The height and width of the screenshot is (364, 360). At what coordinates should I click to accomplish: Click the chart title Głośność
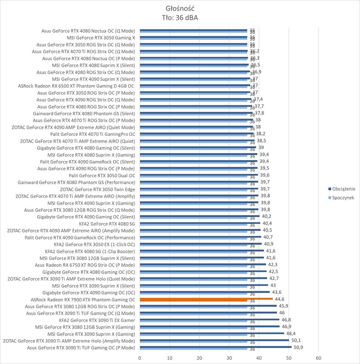[x=180, y=8]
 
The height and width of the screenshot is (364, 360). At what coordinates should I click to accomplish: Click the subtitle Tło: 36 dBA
[x=180, y=17]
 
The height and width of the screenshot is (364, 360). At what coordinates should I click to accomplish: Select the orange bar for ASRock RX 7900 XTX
[x=206, y=299]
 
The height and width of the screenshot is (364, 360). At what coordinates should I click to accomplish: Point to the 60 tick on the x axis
[x=318, y=358]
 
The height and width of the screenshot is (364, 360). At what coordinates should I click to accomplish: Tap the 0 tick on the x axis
[x=140, y=358]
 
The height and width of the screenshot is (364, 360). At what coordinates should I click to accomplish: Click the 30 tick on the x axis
[x=229, y=358]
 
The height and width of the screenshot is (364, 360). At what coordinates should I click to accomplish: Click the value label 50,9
[x=298, y=347]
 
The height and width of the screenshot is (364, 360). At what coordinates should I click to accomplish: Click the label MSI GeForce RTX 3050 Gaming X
[x=101, y=38]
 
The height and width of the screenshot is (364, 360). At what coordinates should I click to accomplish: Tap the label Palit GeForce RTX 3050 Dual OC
[x=102, y=175]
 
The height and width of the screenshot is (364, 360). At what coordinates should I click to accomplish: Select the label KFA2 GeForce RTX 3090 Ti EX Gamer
[x=97, y=320]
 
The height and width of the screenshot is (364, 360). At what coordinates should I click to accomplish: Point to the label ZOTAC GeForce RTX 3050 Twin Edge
[x=97, y=189]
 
